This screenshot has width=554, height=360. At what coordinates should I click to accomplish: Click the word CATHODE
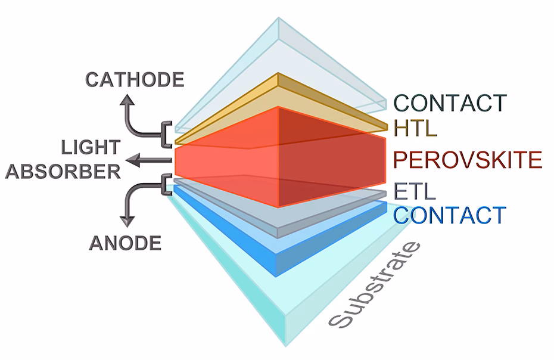(x=135, y=79)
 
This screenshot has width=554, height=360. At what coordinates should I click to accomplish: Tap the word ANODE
(x=126, y=243)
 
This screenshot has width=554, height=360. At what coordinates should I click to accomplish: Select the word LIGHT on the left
(x=91, y=147)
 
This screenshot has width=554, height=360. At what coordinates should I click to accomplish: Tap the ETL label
(x=415, y=192)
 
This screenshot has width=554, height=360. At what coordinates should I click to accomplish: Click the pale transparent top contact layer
(x=280, y=54)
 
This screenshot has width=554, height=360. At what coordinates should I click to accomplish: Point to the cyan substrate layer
(x=280, y=310)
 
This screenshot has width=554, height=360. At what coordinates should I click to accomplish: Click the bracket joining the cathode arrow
(x=166, y=133)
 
